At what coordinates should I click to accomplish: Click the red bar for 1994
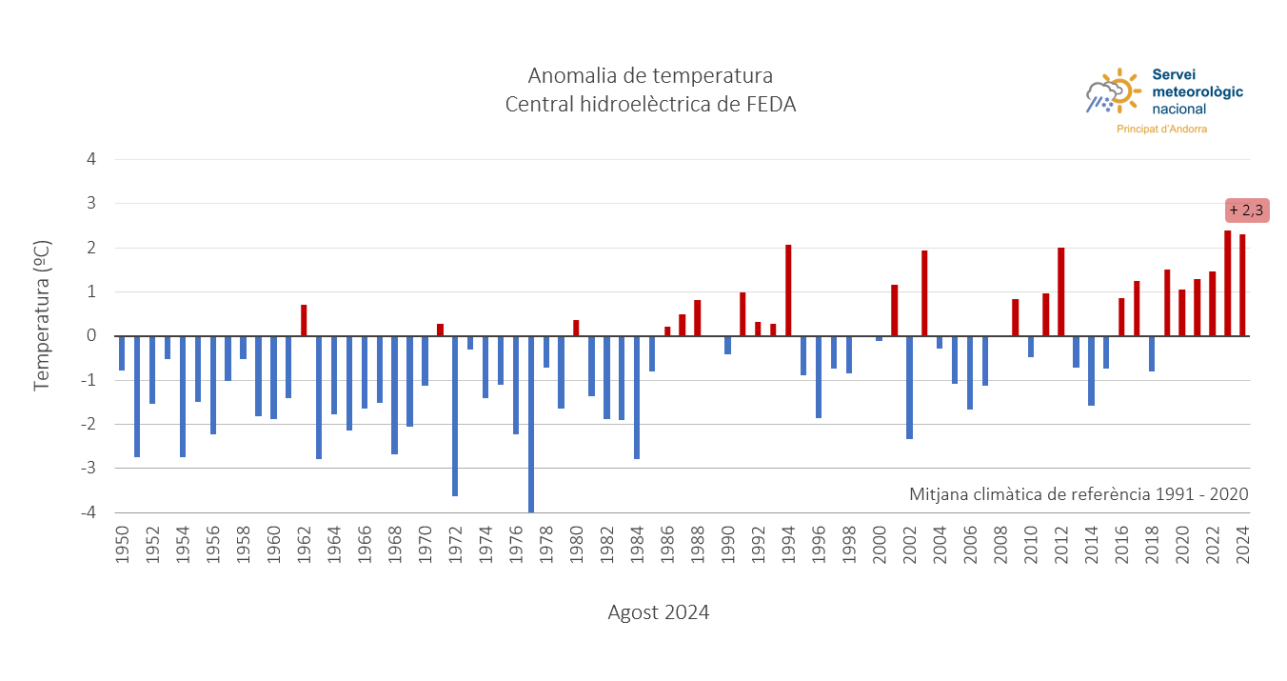coord(788,290)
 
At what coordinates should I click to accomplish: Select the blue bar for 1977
coord(531,424)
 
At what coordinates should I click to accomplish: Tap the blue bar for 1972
coord(455,415)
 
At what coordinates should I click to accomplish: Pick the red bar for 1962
coord(304,320)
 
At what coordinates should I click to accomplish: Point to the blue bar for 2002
coord(909,387)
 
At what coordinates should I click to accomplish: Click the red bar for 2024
coord(1242,285)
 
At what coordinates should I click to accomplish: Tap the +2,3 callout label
coord(1246,210)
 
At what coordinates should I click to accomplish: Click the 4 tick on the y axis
coord(91,159)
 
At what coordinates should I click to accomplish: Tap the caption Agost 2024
coord(658,612)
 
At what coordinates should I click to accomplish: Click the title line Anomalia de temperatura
coord(650,75)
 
